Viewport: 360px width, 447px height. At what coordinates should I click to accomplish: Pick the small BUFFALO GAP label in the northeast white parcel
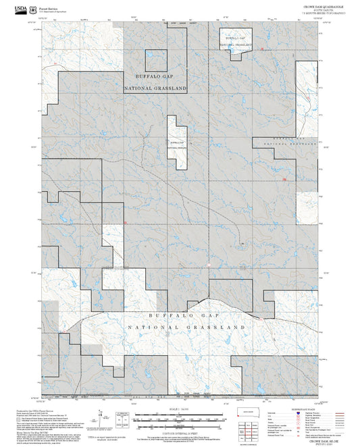234,40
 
